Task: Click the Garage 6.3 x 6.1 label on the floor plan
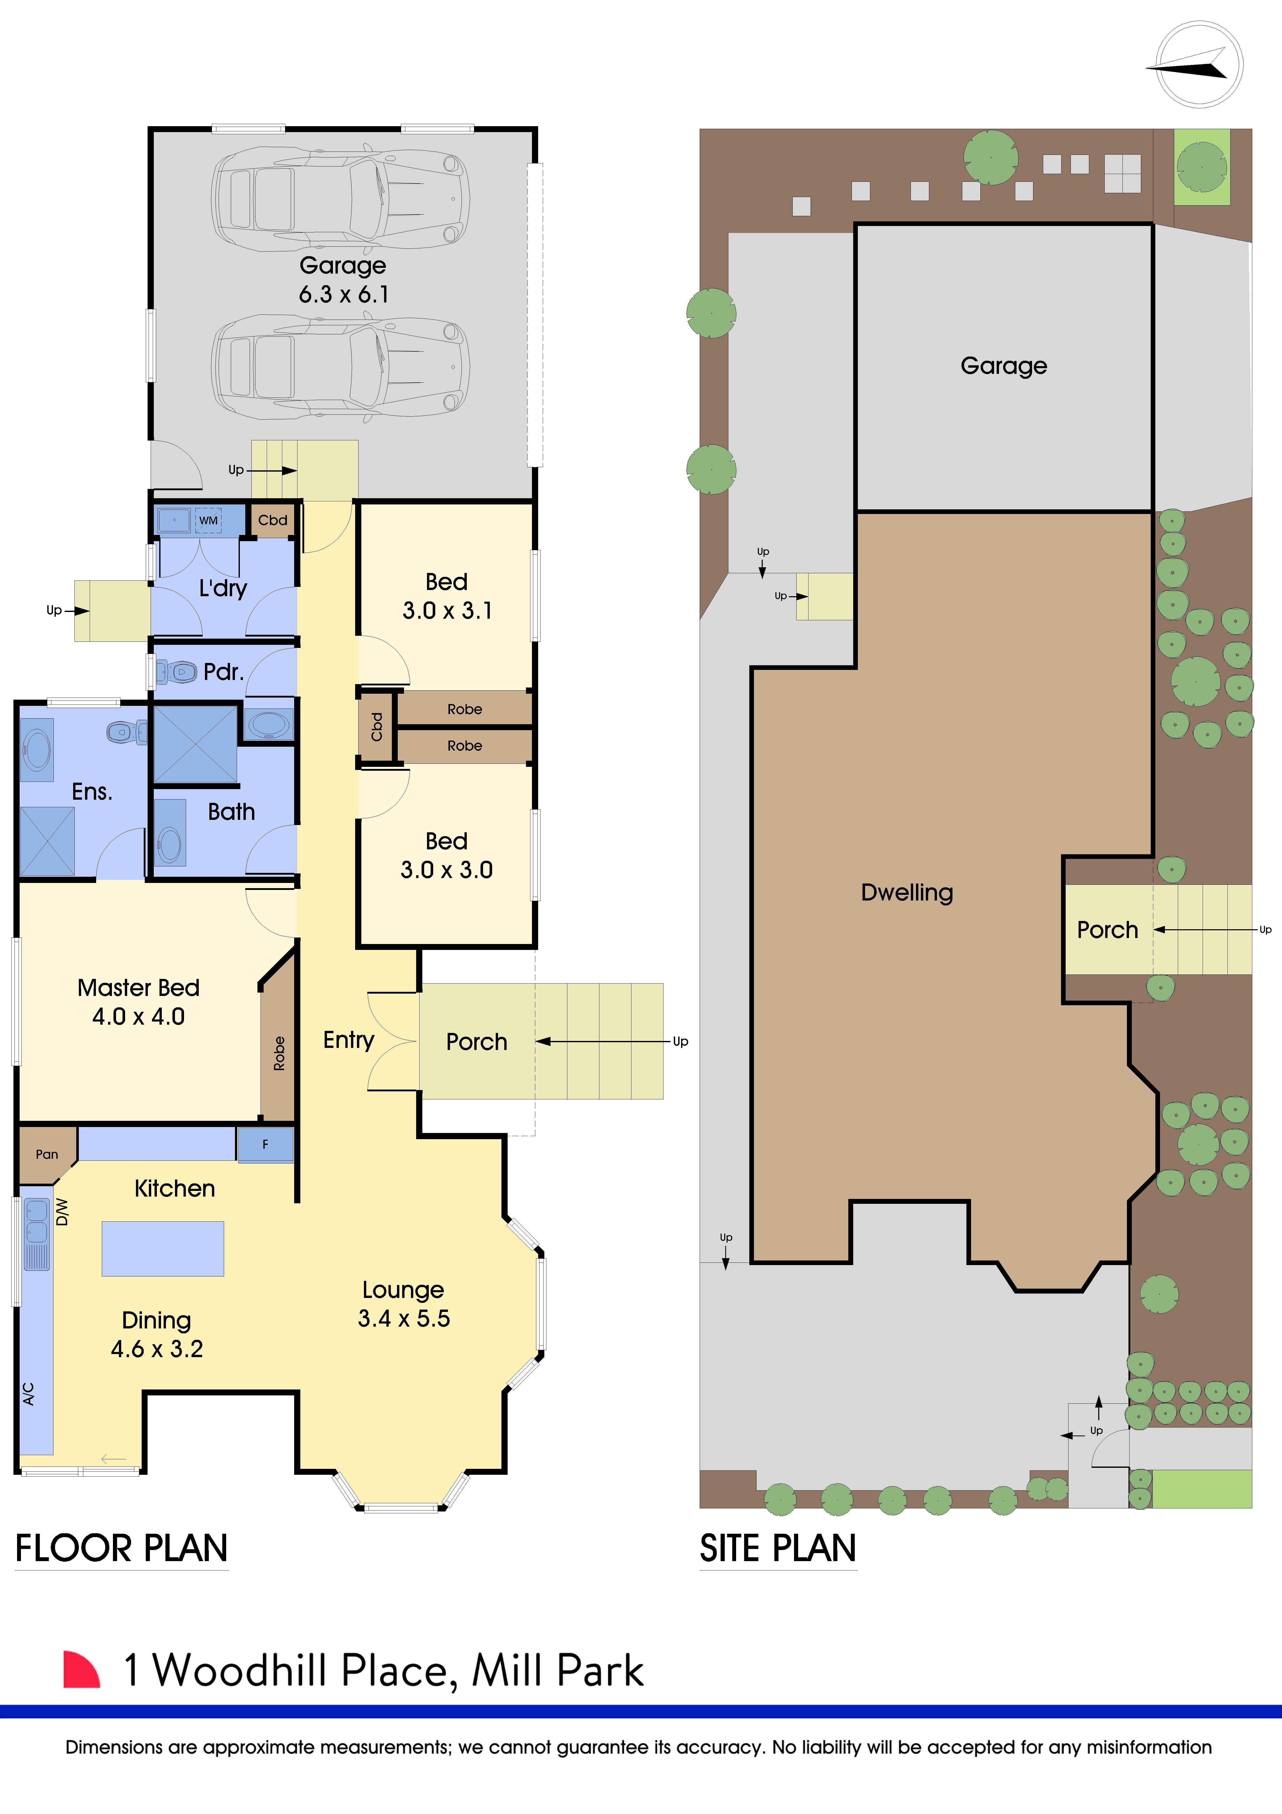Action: [343, 280]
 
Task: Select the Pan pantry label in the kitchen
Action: [47, 1154]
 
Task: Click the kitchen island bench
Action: [163, 1248]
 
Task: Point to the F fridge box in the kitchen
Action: [265, 1144]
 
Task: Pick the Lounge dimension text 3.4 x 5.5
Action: [404, 1318]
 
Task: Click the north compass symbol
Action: [1198, 65]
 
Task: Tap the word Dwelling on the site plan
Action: [907, 892]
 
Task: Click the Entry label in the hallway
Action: [348, 1040]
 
